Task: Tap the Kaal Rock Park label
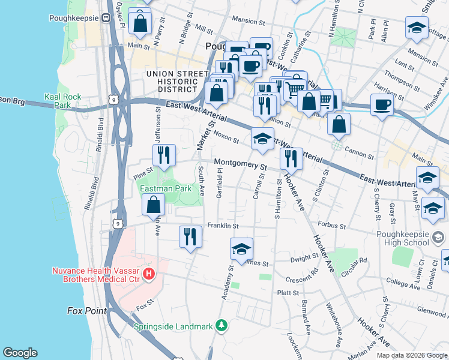pos(58,100)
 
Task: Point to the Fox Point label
pos(86,311)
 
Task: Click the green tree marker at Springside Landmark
pos(222,326)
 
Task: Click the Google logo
pos(20,353)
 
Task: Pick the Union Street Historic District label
pos(172,82)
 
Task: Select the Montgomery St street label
pos(240,164)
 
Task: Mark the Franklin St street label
pos(223,226)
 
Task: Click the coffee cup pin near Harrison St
pos(382,106)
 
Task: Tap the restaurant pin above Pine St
pos(163,155)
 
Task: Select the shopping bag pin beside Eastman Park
pos(154,205)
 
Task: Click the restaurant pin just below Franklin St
pos(190,236)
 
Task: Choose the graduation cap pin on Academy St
pos(241,249)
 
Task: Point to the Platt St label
pos(288,293)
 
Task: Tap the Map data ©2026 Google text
pos(411,355)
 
